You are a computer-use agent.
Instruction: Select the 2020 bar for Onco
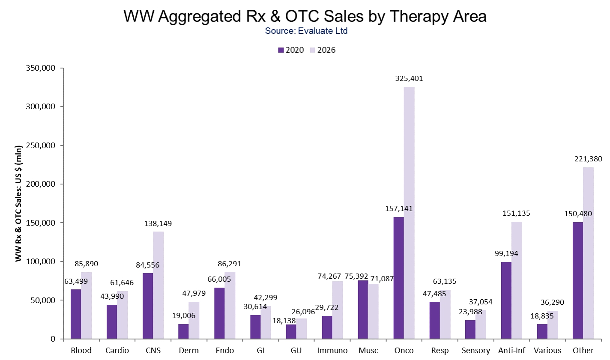coord(398,278)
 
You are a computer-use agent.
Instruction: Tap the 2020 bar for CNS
coord(148,306)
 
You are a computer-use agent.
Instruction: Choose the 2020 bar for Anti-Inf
coord(506,300)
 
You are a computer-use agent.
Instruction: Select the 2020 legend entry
coord(291,50)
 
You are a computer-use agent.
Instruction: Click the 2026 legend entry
coord(323,50)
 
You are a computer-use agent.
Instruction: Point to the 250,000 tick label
coord(41,146)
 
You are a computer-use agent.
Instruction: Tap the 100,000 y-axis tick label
coord(41,262)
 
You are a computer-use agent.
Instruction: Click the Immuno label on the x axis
coord(332,351)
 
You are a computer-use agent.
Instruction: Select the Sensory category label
coord(475,351)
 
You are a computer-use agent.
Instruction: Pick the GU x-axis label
coord(296,351)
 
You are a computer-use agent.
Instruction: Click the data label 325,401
coord(409,79)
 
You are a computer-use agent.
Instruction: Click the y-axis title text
coord(18,203)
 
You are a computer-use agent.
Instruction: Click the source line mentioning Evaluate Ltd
coord(306,31)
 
